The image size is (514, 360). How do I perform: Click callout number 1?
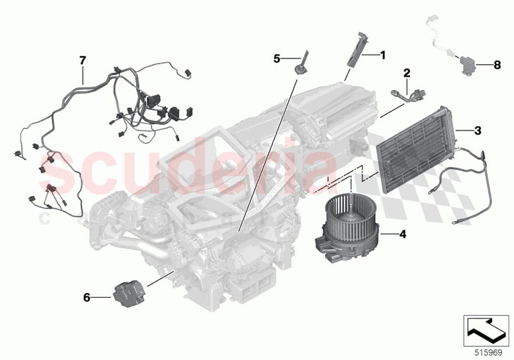(383, 55)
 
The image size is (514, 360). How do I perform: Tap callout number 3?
(477, 130)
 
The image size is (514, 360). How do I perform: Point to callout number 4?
(402, 234)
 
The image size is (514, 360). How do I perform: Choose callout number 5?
(277, 59)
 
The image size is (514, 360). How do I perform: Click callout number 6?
(87, 297)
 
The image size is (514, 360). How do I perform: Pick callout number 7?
(82, 60)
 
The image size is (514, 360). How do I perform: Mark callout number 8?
(497, 64)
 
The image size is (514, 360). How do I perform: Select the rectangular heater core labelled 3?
(416, 144)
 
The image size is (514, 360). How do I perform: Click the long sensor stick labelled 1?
(354, 49)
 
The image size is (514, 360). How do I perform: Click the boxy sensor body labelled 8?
(467, 65)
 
